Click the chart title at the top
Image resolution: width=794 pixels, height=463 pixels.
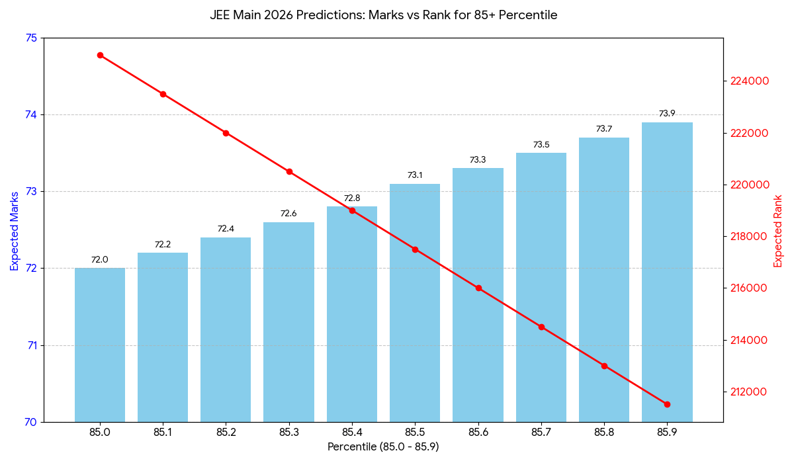(x=383, y=15)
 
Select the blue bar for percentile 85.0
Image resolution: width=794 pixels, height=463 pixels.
(x=100, y=345)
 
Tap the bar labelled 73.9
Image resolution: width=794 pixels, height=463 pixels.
(x=667, y=272)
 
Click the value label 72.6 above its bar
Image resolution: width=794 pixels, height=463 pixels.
(x=288, y=214)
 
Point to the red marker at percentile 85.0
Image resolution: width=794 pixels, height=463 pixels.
(x=100, y=55)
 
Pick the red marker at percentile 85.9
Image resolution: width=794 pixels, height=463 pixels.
(x=667, y=404)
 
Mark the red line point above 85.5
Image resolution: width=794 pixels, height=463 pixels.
(x=415, y=249)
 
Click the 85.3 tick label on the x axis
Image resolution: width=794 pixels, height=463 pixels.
(x=288, y=433)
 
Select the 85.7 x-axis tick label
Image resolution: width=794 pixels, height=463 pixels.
(x=541, y=433)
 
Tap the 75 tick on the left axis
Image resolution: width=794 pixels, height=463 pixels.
(x=31, y=38)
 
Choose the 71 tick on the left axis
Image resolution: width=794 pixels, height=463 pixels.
(x=31, y=345)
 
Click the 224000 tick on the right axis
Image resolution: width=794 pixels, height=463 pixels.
(x=749, y=81)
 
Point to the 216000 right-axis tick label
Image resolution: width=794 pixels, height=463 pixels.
(x=749, y=288)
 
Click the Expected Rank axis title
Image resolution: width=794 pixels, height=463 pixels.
(x=778, y=231)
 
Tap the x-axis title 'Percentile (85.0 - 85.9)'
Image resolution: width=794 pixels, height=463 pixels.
(x=383, y=447)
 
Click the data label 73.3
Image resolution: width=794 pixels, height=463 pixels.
(x=478, y=160)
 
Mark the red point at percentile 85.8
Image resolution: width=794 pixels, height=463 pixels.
(x=604, y=366)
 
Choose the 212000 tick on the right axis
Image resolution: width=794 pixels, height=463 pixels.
(x=749, y=392)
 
